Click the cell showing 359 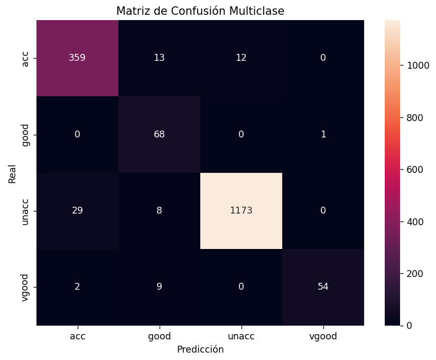[77, 58]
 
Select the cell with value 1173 [241, 210]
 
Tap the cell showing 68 [159, 134]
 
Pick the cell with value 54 [323, 287]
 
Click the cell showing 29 [77, 210]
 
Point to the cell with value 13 [159, 58]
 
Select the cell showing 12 [241, 58]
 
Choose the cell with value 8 [159, 210]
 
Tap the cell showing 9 [159, 287]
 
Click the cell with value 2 [77, 287]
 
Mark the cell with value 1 [323, 134]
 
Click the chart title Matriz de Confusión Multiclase [200, 11]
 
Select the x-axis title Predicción [200, 349]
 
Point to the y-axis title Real [12, 173]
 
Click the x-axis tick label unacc [241, 336]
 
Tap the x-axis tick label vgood [323, 336]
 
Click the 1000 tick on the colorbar [415, 66]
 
